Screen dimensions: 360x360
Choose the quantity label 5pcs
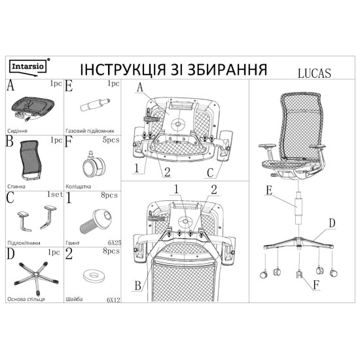pyautogui.click(x=112, y=139)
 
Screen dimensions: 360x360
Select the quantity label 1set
pyautogui.click(x=52, y=194)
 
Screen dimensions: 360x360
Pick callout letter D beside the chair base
pyautogui.click(x=332, y=223)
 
